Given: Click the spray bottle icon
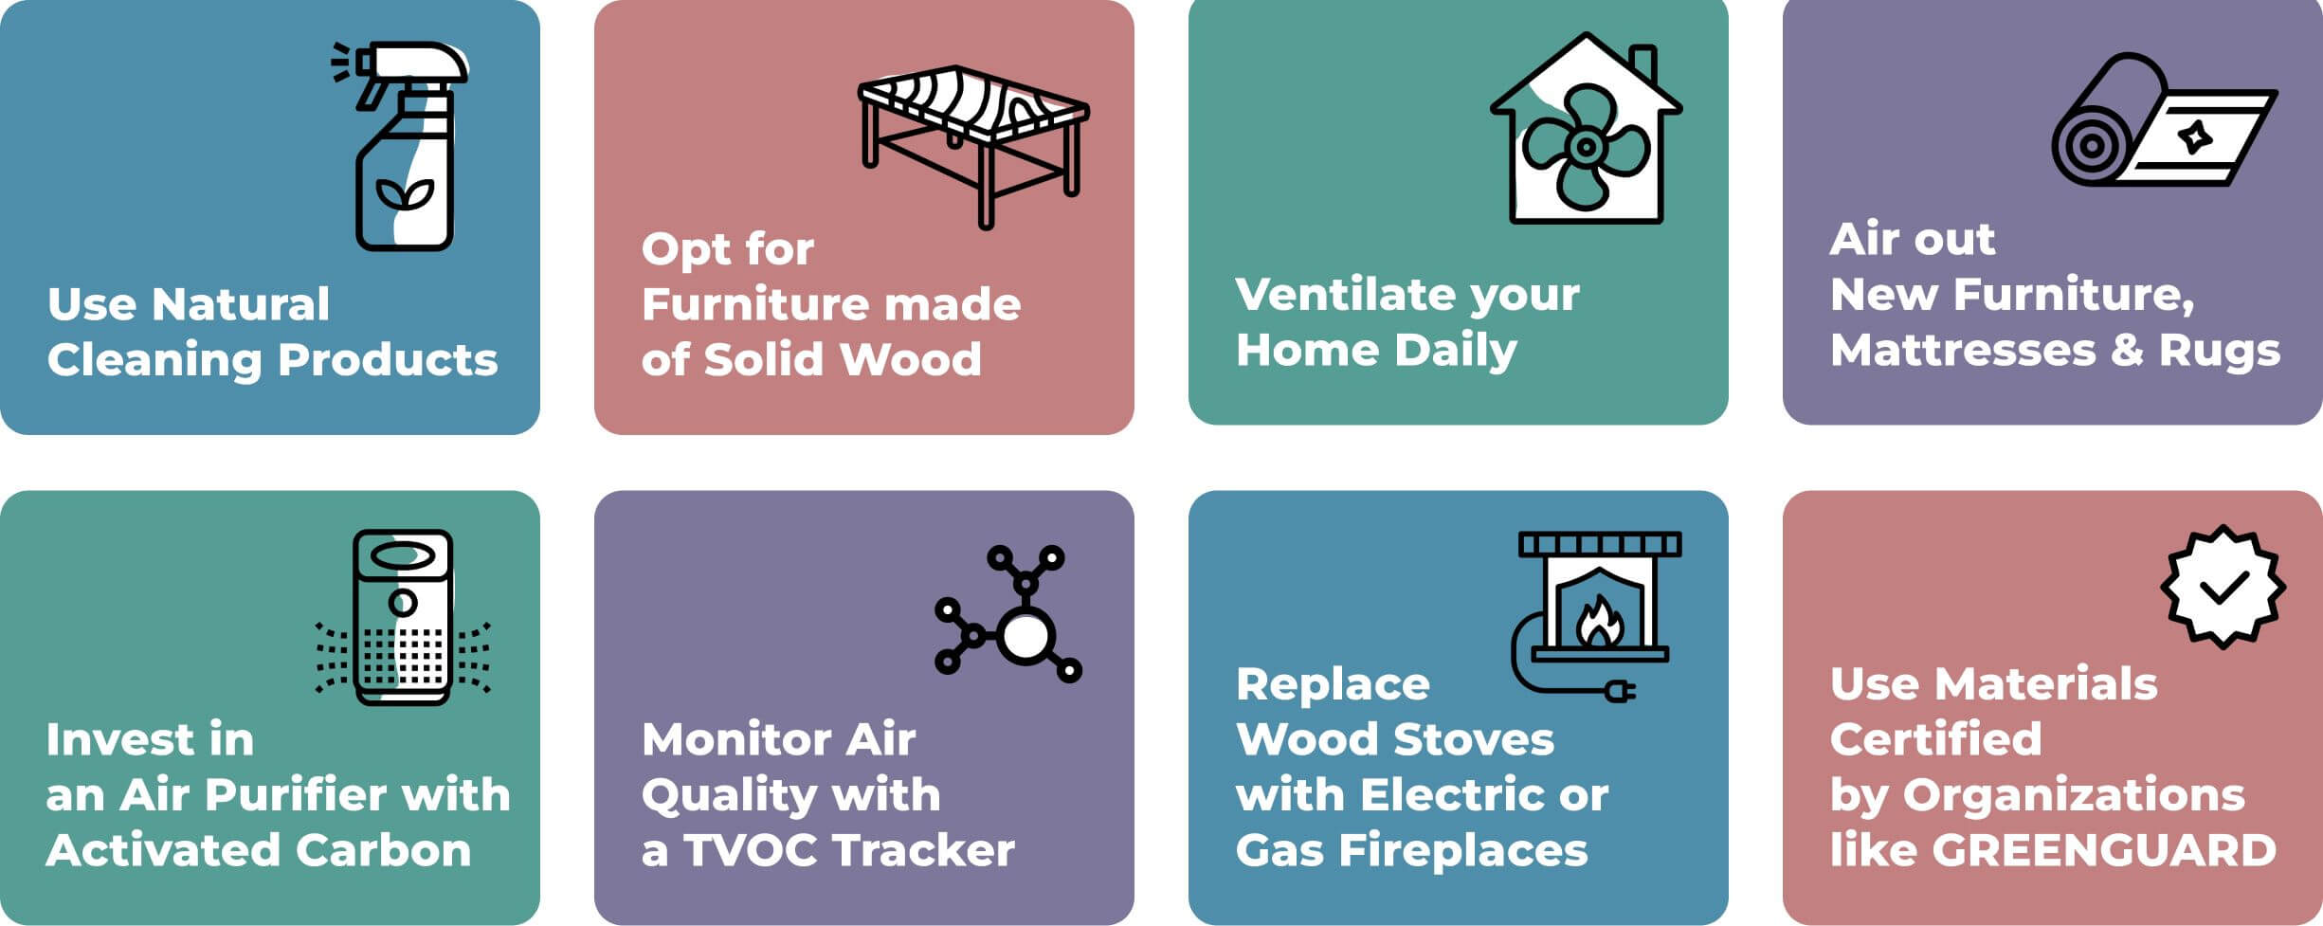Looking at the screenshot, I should point(403,147).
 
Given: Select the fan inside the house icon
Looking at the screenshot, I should point(1585,147).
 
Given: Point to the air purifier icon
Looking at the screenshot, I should point(403,616).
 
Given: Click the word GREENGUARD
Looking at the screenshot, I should point(2104,850).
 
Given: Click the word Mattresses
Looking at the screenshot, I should point(1962,350).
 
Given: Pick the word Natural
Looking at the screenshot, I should point(241,304).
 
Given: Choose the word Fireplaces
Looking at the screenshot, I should point(1463,850).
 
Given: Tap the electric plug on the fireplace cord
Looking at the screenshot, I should point(1620,693).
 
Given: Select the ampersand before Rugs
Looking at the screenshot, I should point(2127,350).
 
